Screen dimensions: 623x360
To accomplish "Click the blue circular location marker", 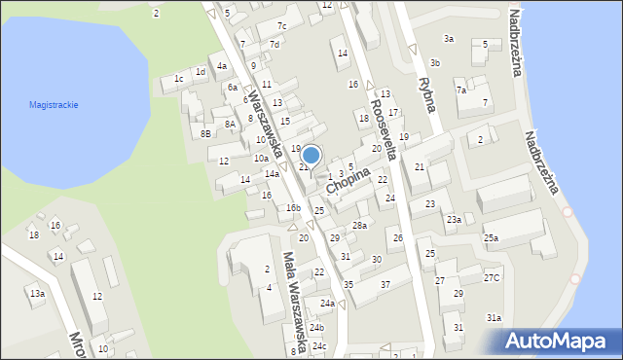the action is point(311,156).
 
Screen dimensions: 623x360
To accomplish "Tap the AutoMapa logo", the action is point(556,342).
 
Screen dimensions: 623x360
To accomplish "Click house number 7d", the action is point(275,44).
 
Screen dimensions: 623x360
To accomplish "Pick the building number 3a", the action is point(448,39).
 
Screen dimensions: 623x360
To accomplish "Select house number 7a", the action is point(461,90).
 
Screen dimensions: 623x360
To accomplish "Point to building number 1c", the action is point(178,79).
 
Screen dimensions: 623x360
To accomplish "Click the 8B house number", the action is point(205,133).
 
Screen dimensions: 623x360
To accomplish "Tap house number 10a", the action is point(261,158).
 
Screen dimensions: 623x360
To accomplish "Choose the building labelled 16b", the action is point(292,207).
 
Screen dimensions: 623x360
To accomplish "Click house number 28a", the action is point(359,225).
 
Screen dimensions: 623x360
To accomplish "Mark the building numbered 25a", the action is point(492,238).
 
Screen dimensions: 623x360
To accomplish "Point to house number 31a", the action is point(494,318).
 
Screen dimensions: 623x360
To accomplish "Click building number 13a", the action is point(36,293).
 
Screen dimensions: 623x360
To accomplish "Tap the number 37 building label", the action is point(385,284).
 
